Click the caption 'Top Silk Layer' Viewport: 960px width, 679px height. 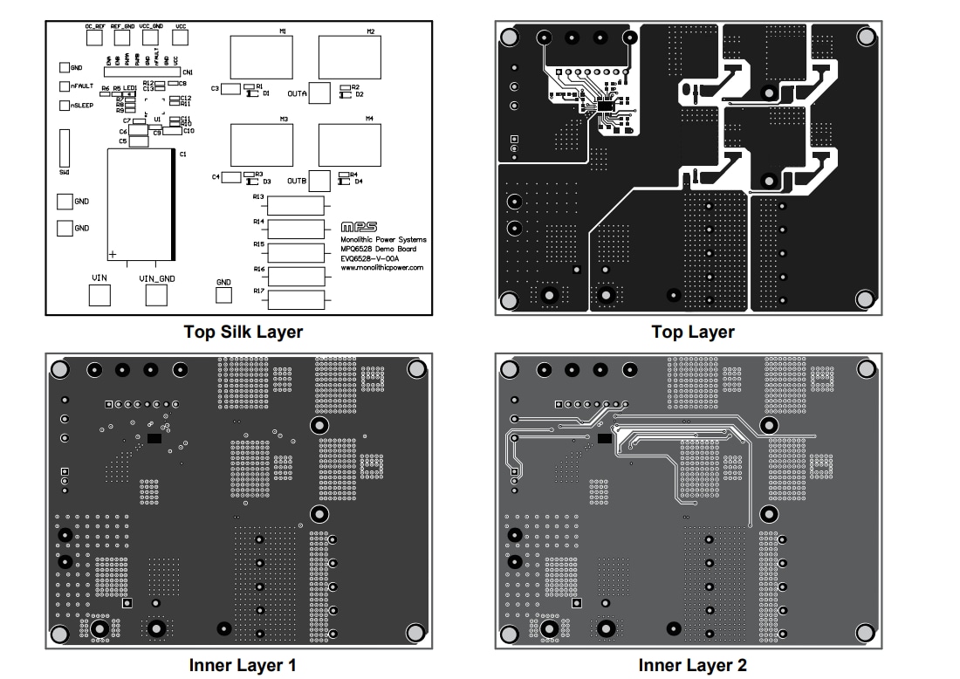tap(243, 332)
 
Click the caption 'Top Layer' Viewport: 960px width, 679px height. tap(692, 332)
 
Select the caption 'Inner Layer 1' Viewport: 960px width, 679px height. tap(243, 665)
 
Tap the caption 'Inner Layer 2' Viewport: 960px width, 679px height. tap(692, 665)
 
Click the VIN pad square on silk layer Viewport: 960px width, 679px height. tap(100, 295)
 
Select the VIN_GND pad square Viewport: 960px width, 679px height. tap(156, 295)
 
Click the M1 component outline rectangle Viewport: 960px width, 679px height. tap(262, 58)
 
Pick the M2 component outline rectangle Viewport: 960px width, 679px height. tap(349, 58)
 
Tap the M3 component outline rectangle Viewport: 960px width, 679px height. tap(262, 145)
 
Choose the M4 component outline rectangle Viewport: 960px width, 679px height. tap(349, 145)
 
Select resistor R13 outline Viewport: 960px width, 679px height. tap(296, 206)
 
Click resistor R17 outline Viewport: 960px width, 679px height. tap(296, 300)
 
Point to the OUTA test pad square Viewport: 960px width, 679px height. tap(320, 93)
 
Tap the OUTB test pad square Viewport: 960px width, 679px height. tap(320, 181)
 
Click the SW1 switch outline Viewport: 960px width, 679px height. tap(65, 148)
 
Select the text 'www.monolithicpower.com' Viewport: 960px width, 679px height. tap(381, 268)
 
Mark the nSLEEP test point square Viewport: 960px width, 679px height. tap(64, 106)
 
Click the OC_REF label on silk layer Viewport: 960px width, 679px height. tap(95, 27)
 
